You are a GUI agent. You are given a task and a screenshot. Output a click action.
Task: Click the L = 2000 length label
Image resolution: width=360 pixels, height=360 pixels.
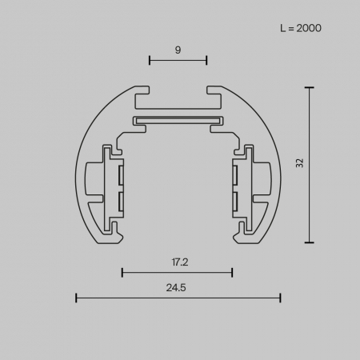301,28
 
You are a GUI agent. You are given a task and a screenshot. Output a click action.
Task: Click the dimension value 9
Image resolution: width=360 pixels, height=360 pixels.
178,50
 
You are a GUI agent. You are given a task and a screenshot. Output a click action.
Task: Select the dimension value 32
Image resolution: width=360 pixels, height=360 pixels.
299,163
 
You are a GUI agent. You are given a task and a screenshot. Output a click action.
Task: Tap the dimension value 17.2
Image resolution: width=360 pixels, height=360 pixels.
178,261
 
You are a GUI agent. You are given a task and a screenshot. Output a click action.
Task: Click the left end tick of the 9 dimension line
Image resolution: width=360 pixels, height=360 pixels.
149,60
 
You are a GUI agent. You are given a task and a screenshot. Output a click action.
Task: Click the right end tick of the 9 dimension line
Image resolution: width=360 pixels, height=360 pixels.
207,60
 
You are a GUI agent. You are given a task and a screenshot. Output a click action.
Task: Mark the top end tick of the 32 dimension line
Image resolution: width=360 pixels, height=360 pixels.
310,86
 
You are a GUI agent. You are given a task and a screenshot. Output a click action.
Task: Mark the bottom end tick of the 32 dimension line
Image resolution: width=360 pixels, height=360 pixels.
310,242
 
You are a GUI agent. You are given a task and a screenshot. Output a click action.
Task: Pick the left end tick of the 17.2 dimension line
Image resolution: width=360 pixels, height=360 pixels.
122,272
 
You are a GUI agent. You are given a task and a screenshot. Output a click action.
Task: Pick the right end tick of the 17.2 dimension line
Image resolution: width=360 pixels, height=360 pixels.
232,272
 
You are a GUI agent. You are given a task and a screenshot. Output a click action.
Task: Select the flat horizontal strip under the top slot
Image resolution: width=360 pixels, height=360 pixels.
178,121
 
